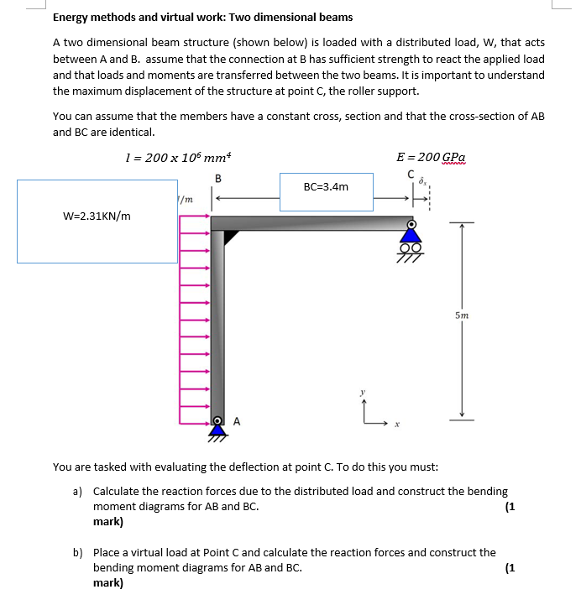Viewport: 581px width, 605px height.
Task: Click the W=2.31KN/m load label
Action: (97, 216)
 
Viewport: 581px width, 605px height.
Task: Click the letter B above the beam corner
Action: (218, 177)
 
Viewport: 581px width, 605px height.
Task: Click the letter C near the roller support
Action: (411, 175)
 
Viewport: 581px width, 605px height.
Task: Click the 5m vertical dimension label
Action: (463, 316)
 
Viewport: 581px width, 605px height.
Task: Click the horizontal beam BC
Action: (319, 222)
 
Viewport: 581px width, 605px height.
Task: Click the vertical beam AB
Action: (217, 327)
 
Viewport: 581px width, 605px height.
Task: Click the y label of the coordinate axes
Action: (363, 391)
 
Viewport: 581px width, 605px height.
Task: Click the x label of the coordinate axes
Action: (398, 425)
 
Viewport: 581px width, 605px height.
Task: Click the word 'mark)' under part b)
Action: (107, 583)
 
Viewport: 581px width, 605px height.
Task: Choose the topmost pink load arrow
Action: (194, 216)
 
